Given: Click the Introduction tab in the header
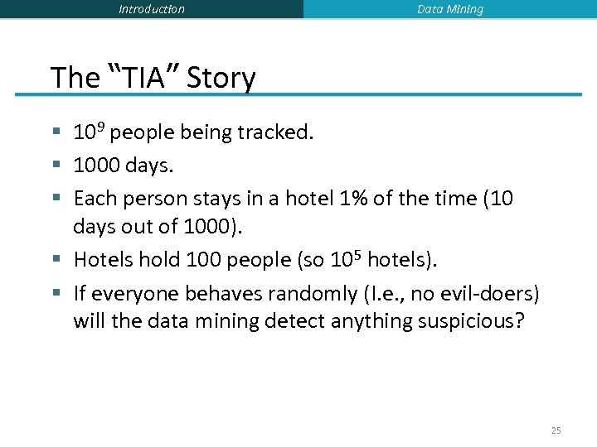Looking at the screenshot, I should click(152, 9).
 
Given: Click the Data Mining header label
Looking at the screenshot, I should click(450, 9).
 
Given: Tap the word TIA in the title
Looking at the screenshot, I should click(144, 78).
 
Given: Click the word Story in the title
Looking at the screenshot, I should click(221, 78).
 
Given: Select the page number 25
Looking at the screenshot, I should click(556, 430).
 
